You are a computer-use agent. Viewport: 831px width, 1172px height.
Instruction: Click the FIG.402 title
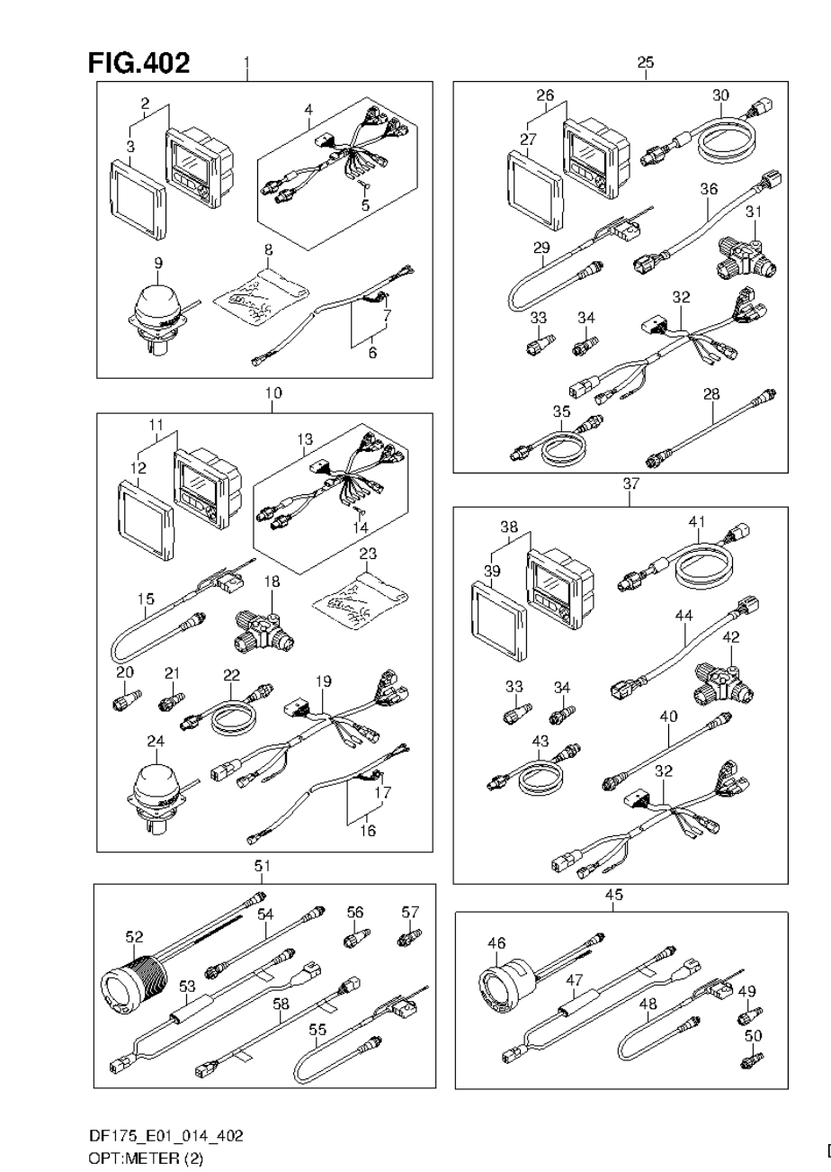click(x=138, y=63)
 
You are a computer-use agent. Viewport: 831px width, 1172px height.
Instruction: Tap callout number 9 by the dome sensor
click(x=158, y=263)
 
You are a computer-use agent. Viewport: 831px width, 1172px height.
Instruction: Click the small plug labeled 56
click(x=353, y=940)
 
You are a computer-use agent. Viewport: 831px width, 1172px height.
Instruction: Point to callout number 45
click(x=614, y=895)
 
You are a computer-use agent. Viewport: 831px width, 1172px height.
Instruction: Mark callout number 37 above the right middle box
click(x=630, y=483)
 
